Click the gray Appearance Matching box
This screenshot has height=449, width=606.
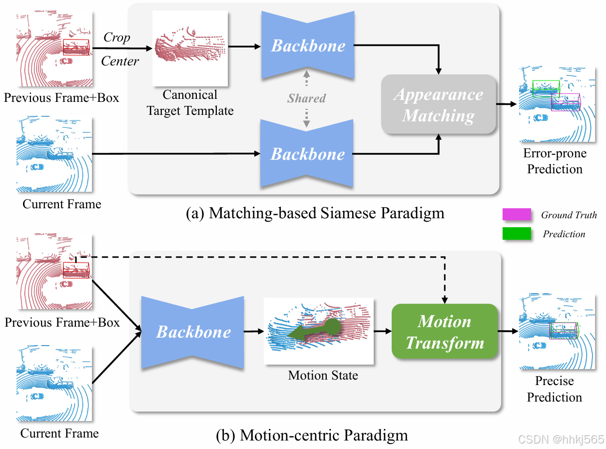pyautogui.click(x=439, y=104)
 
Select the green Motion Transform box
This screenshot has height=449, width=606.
pyautogui.click(x=445, y=332)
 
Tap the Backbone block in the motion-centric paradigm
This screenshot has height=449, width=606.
pyautogui.click(x=193, y=332)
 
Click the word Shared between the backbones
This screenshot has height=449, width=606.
pyautogui.click(x=306, y=98)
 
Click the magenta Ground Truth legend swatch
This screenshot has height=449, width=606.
pyautogui.click(x=517, y=215)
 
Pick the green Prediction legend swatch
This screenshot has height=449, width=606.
pyautogui.click(x=517, y=234)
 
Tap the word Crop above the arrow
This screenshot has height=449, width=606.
pyautogui.click(x=116, y=37)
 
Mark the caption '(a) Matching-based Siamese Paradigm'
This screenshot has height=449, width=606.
pyautogui.click(x=315, y=213)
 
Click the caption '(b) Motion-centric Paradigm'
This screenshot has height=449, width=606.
pyautogui.click(x=312, y=435)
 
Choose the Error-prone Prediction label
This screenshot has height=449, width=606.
pyautogui.click(x=555, y=161)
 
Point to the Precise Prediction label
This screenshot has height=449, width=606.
pyautogui.click(x=555, y=389)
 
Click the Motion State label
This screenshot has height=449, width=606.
pyautogui.click(x=323, y=375)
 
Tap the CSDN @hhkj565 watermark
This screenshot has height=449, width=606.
pyautogui.click(x=561, y=440)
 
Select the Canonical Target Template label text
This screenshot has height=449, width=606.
pyautogui.click(x=190, y=102)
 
